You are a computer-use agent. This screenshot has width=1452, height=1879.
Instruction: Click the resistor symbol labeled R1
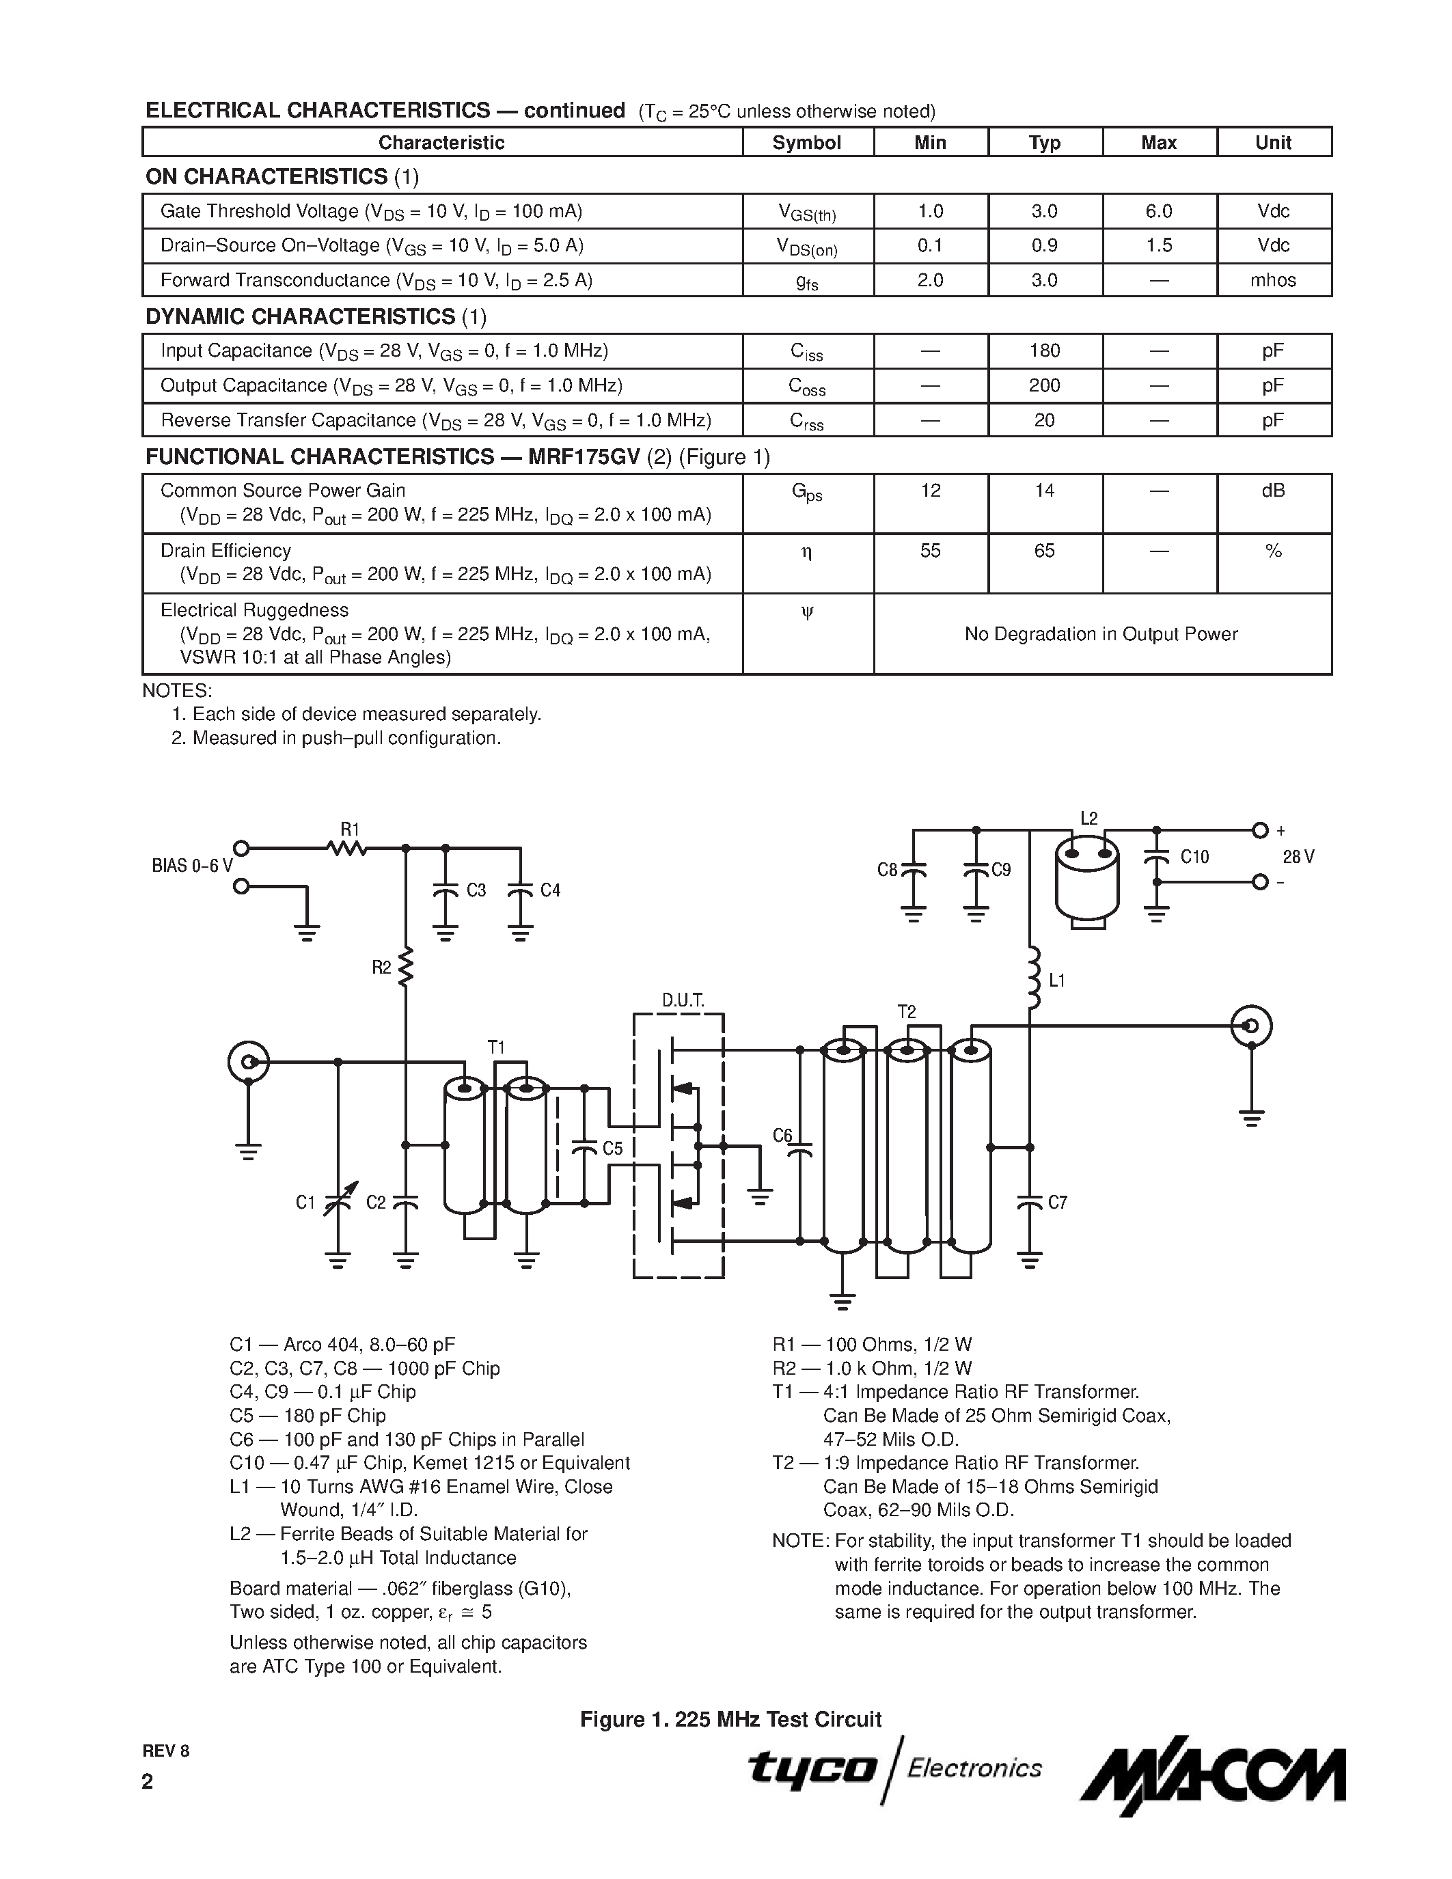coord(348,849)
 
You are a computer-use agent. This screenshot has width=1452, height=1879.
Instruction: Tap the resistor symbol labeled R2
coord(406,965)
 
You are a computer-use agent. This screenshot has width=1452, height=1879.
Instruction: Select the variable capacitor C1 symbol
coord(337,1201)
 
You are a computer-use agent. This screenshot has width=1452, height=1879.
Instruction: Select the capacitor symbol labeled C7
coord(1030,1202)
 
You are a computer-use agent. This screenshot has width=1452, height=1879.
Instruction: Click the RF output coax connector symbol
coord(1252,1026)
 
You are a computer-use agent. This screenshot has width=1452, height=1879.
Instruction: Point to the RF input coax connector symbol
coord(249,1062)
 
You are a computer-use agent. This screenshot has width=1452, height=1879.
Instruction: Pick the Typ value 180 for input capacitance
coord(1044,351)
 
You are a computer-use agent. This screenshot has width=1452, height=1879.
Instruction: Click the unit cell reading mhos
coord(1273,280)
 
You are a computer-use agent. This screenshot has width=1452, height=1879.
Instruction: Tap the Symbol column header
coord(807,143)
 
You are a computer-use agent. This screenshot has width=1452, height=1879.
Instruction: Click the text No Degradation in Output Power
coord(1100,634)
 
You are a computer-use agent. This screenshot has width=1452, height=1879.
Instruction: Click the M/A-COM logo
coord(1213,1776)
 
